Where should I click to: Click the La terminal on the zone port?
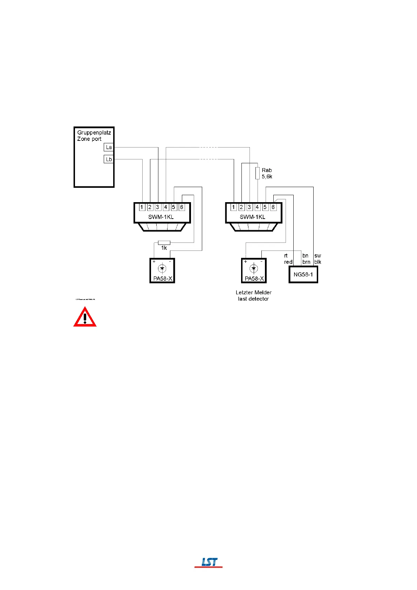[x=109, y=147]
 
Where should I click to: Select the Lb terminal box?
[x=109, y=159]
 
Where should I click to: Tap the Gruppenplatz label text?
[x=94, y=132]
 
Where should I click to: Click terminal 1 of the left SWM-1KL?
[x=142, y=207]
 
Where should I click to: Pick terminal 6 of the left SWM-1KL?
[x=182, y=207]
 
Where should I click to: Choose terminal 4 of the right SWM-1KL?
[x=257, y=207]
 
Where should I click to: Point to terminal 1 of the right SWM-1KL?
[x=233, y=207]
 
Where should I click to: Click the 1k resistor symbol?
[x=164, y=242]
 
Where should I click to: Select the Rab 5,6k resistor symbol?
[x=258, y=173]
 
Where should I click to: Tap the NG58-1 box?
[x=303, y=274]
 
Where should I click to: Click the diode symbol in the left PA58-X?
[x=162, y=269]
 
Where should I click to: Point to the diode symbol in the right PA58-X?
[x=253, y=269]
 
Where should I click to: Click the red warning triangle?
[x=85, y=317]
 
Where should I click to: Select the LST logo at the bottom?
[x=209, y=562]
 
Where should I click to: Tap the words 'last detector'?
[x=253, y=299]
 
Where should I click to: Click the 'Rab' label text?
[x=267, y=170]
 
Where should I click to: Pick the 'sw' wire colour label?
[x=317, y=256]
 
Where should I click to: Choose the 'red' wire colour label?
[x=288, y=262]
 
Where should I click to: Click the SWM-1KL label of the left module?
[x=161, y=217]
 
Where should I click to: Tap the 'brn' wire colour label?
[x=306, y=262]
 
